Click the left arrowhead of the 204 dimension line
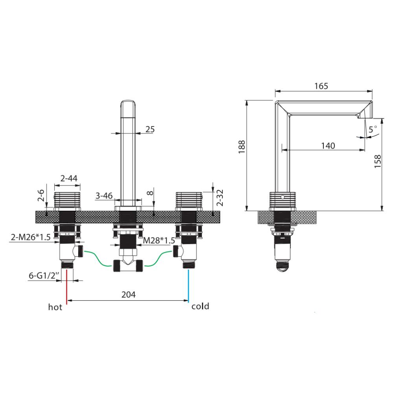click(68, 300)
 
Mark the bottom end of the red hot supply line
click(67, 304)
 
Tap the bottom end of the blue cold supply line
click(188, 302)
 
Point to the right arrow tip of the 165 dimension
click(372, 91)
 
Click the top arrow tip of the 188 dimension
click(247, 100)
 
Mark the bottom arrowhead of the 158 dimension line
click(382, 211)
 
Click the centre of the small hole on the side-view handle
click(283, 197)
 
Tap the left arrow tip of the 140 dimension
click(282, 150)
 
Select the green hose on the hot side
click(98, 258)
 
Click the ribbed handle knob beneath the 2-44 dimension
click(67, 200)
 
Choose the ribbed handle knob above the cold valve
click(189, 200)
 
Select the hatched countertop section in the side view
click(288, 217)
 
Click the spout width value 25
click(150, 129)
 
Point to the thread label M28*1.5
click(159, 241)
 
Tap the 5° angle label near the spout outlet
click(373, 129)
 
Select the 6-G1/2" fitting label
click(44, 275)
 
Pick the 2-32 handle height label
click(220, 198)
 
